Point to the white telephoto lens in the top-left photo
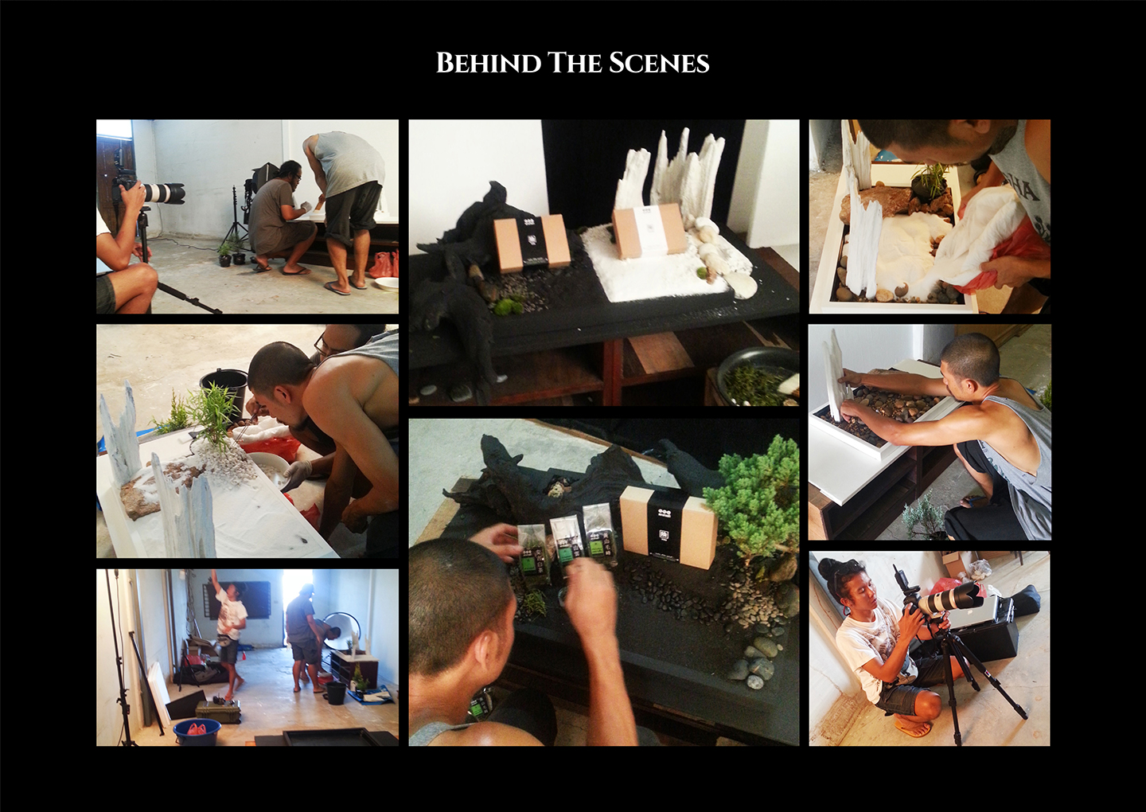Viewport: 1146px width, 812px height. pos(162,193)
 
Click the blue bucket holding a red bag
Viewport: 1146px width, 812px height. pos(197,732)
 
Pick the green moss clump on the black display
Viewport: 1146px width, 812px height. pos(508,306)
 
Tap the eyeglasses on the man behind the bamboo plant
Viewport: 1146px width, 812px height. pos(322,345)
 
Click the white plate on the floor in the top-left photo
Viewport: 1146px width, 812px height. pos(388,283)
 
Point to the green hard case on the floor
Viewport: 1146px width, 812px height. pos(218,711)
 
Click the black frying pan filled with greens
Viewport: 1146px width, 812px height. pos(757,376)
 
